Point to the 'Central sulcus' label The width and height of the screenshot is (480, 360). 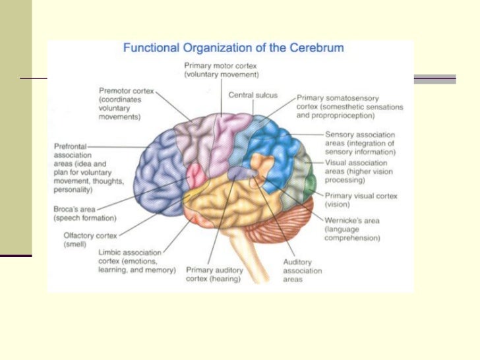253,95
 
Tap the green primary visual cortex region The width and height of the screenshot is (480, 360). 309,181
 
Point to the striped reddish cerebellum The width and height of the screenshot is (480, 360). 284,224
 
